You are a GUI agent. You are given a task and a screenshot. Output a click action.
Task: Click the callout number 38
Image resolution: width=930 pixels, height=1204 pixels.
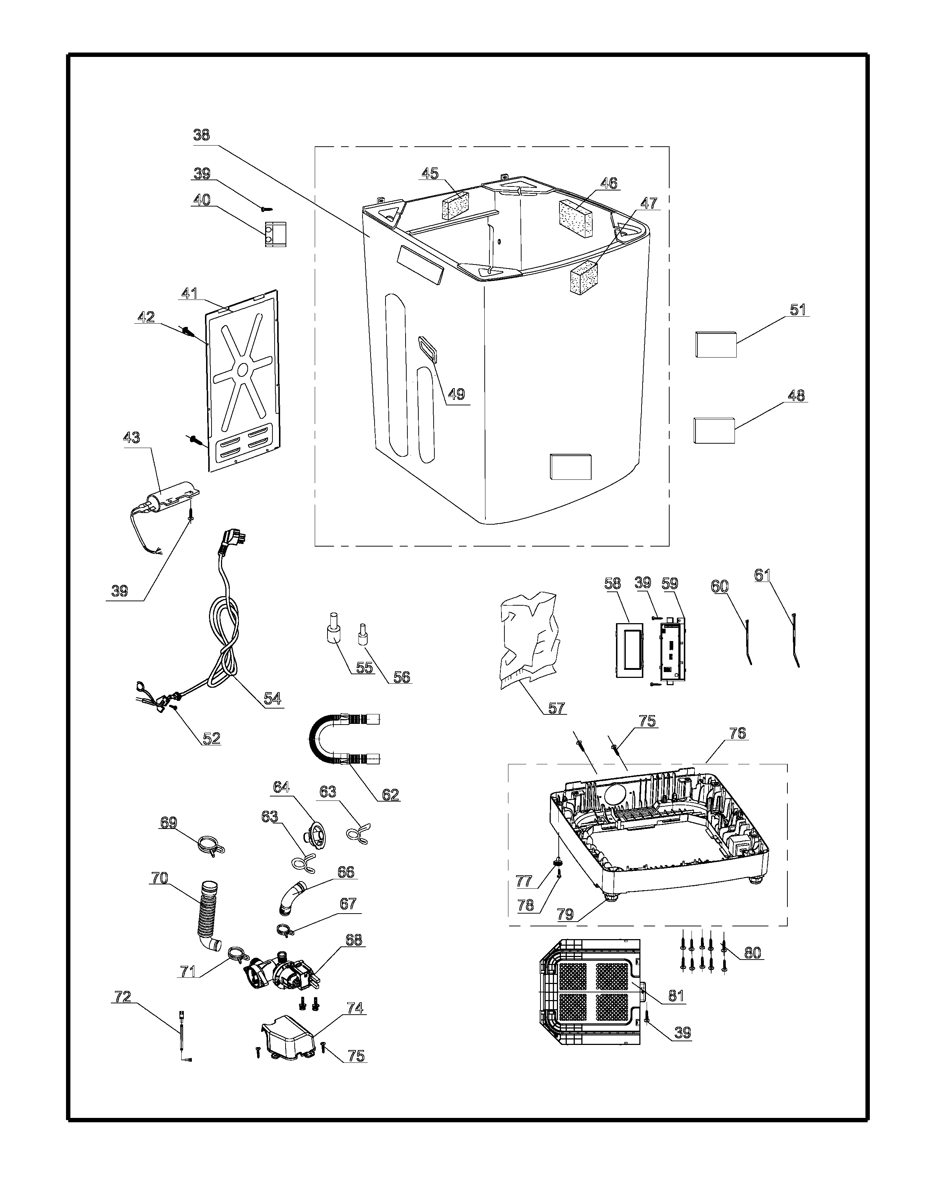click(x=202, y=135)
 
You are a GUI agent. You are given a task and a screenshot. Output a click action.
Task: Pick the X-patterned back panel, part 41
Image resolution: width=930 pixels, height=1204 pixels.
click(x=243, y=381)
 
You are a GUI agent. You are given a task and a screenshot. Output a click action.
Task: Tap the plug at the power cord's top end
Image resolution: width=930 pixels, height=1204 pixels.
click(x=230, y=540)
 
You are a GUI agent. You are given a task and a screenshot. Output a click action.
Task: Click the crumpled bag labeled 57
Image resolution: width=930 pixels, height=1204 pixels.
click(x=530, y=641)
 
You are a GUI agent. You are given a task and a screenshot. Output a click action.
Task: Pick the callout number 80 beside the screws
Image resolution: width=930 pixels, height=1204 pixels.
click(x=753, y=968)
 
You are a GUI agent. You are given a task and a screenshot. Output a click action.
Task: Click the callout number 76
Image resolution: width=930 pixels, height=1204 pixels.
click(x=737, y=733)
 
